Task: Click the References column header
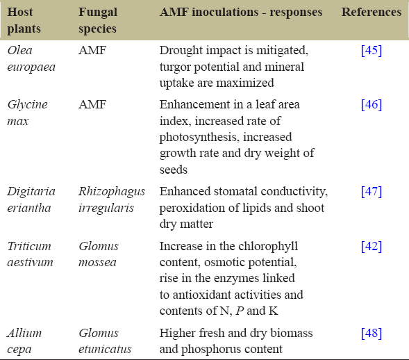click(x=372, y=12)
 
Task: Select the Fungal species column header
click(x=98, y=20)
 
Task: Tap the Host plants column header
click(x=24, y=20)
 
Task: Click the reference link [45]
click(x=372, y=50)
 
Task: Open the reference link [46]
click(x=372, y=104)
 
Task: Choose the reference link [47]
click(x=372, y=191)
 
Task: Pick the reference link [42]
click(x=372, y=246)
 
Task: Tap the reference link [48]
click(x=372, y=333)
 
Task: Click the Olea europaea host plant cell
click(x=31, y=58)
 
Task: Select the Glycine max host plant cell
click(x=27, y=113)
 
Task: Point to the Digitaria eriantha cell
click(x=31, y=199)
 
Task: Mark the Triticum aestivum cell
click(x=30, y=254)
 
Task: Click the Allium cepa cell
click(x=24, y=341)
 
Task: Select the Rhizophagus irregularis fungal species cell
click(x=112, y=199)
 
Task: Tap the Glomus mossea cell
click(x=99, y=254)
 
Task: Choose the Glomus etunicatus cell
click(x=105, y=341)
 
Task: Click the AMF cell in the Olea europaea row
click(x=92, y=50)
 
